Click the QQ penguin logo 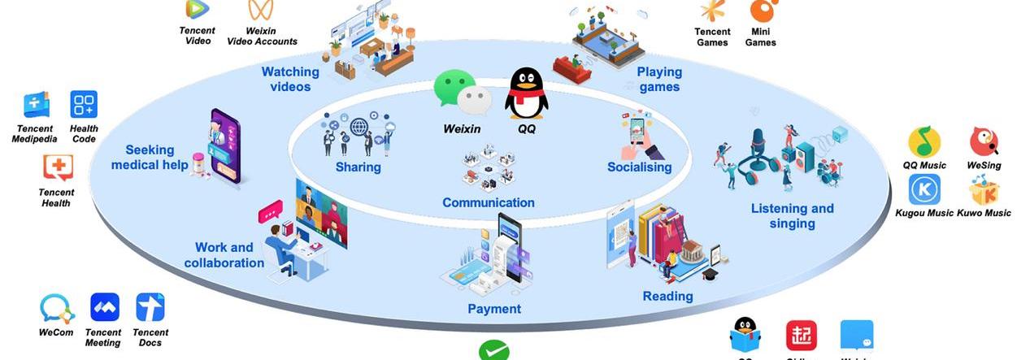pos(526,93)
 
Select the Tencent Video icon pos(196,9)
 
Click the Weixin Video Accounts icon pos(261,10)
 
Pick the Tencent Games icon pos(712,10)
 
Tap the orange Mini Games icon pos(762,10)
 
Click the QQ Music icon pos(924,142)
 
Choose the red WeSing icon pos(984,141)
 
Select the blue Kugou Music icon pos(924,189)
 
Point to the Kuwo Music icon pos(984,190)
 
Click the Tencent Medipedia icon pos(36,106)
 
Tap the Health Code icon pos(84,105)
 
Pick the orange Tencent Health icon pos(57,168)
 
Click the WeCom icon pos(57,308)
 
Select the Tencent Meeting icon pos(104,307)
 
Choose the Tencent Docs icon pos(150,307)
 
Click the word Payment pos(494,309)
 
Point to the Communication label pos(489,202)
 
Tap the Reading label pos(667,296)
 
